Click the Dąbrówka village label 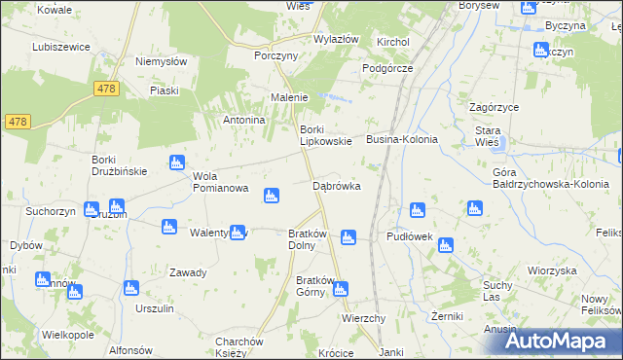337,185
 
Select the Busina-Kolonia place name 401,140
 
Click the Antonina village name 244,120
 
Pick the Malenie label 289,97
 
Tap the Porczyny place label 275,56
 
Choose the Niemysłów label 161,60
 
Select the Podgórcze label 387,68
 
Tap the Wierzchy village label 364,318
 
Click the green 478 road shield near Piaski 107,89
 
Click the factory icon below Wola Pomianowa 271,198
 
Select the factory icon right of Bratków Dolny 348,236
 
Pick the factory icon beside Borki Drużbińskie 176,162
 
